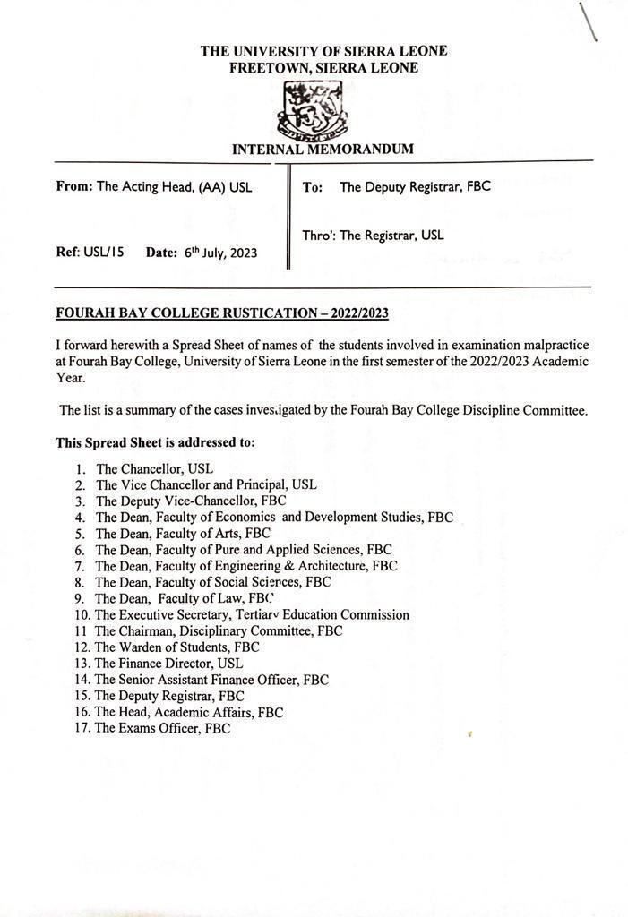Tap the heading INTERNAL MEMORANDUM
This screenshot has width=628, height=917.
tap(323, 150)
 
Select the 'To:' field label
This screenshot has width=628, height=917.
tap(313, 187)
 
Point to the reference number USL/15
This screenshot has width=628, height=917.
tap(97, 253)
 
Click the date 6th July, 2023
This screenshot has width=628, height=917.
tap(220, 253)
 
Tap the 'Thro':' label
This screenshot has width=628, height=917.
tap(318, 236)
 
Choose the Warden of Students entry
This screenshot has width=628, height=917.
tap(176, 647)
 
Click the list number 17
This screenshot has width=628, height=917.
tap(82, 729)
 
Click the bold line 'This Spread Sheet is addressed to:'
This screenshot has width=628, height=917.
tap(155, 442)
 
